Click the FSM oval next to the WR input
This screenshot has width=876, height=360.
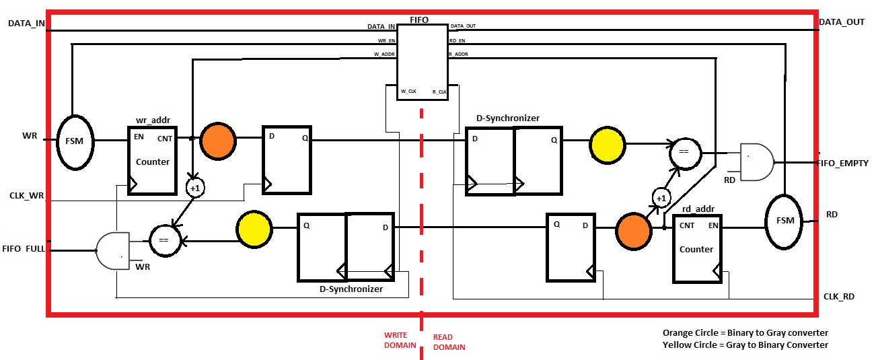[x=75, y=142]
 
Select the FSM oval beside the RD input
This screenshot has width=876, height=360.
[x=784, y=220]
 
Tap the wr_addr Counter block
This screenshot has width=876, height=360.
[x=153, y=160]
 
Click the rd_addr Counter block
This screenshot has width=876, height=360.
[x=697, y=248]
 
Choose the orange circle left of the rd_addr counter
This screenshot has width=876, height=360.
[x=634, y=228]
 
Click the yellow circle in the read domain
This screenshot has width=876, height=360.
[x=608, y=142]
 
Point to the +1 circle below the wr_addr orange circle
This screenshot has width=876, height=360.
[x=194, y=188]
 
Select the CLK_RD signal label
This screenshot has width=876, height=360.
[x=838, y=296]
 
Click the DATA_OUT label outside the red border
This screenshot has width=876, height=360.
[x=841, y=22]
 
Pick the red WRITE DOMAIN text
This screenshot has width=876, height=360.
[x=396, y=340]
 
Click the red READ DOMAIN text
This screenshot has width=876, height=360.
[x=448, y=343]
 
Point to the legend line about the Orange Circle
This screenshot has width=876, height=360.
[x=745, y=332]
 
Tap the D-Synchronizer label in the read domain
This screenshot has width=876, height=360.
[x=507, y=118]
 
